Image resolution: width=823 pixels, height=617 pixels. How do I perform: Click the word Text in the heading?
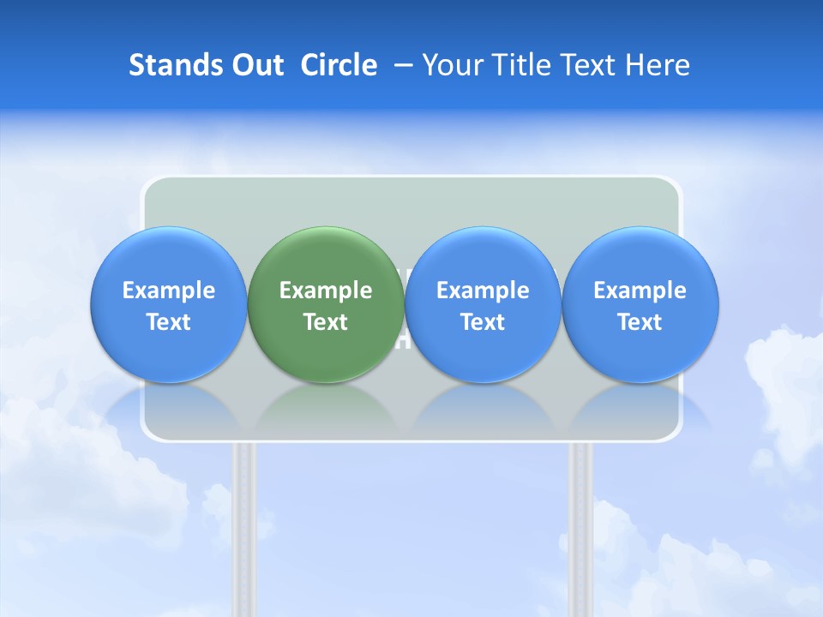[x=592, y=65]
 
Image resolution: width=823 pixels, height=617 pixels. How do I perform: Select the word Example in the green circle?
[x=326, y=291]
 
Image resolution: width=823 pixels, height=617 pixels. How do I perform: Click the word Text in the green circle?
[x=326, y=322]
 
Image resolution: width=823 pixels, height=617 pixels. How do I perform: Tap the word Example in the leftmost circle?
[x=169, y=291]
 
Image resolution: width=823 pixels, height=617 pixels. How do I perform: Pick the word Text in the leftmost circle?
[x=169, y=322]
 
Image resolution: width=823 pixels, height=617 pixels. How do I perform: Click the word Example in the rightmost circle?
[x=640, y=291]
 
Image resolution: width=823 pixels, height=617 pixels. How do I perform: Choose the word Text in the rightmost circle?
[x=640, y=322]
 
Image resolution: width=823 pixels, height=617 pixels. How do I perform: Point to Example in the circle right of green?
[x=483, y=291]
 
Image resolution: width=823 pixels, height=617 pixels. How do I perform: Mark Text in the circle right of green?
[x=483, y=322]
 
